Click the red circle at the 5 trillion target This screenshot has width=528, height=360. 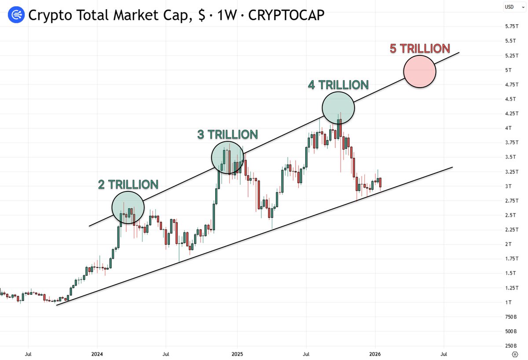420,71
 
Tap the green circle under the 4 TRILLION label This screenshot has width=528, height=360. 338,108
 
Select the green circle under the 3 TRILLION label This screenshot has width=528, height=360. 227,157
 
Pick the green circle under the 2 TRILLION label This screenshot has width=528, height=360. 128,207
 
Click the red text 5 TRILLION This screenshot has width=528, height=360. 420,48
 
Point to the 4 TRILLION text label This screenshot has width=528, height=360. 338,84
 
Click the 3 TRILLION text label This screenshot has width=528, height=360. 227,134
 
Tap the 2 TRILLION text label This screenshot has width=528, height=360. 128,184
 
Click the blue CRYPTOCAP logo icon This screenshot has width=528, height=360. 15,15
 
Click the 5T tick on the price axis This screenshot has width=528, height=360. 508,70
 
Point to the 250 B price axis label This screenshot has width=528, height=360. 511,345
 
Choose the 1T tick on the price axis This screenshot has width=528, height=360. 508,302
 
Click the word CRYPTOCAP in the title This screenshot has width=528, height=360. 286,15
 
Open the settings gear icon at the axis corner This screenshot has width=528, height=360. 515,354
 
